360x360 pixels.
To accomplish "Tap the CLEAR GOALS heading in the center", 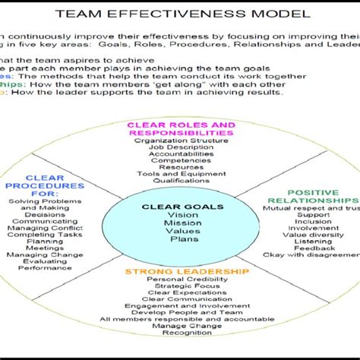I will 182,206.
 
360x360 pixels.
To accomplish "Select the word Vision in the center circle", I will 182,216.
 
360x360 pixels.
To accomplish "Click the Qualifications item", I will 182,181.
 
